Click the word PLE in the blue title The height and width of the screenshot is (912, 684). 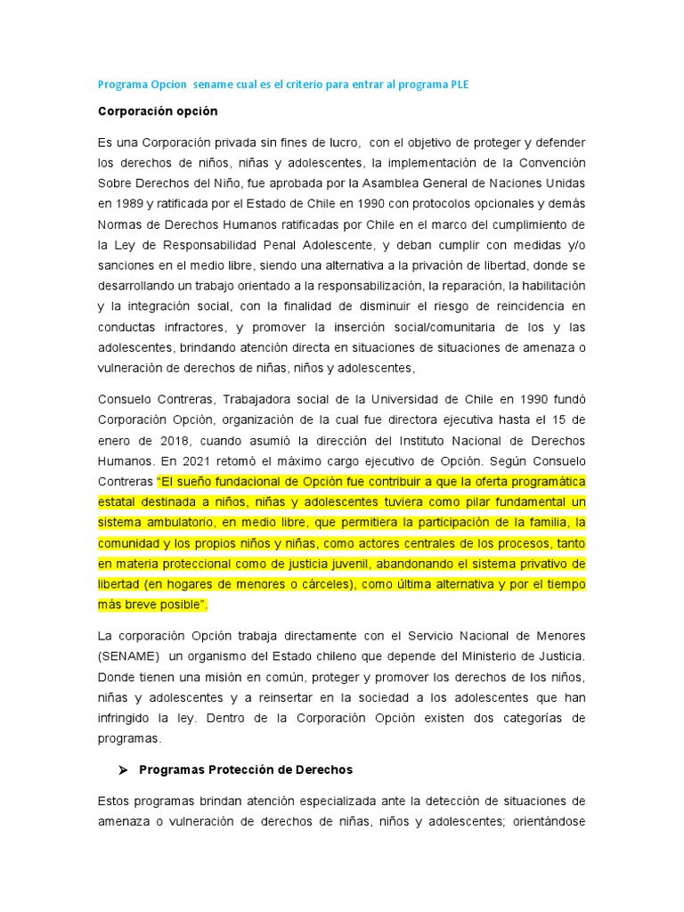(x=457, y=85)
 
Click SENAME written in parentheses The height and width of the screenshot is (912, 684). (x=129, y=655)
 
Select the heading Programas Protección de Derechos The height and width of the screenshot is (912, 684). (x=246, y=769)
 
